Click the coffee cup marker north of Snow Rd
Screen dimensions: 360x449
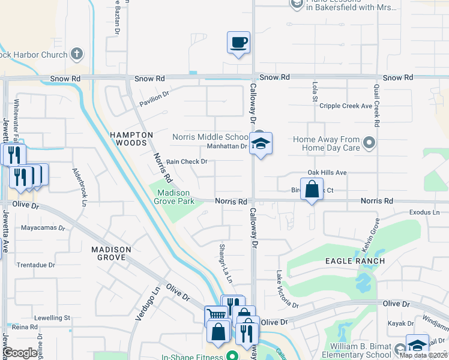point(238,43)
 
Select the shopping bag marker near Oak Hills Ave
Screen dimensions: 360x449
point(312,190)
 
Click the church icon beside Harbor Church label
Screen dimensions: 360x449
point(76,54)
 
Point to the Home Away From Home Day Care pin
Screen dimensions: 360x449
point(369,143)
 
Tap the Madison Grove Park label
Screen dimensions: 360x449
point(176,197)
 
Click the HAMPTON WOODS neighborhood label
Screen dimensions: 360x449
point(131,139)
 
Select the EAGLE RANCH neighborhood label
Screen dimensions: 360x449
point(355,261)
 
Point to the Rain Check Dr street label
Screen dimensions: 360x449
point(187,161)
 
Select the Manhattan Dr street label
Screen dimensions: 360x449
point(227,146)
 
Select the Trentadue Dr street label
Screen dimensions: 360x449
point(35,265)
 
